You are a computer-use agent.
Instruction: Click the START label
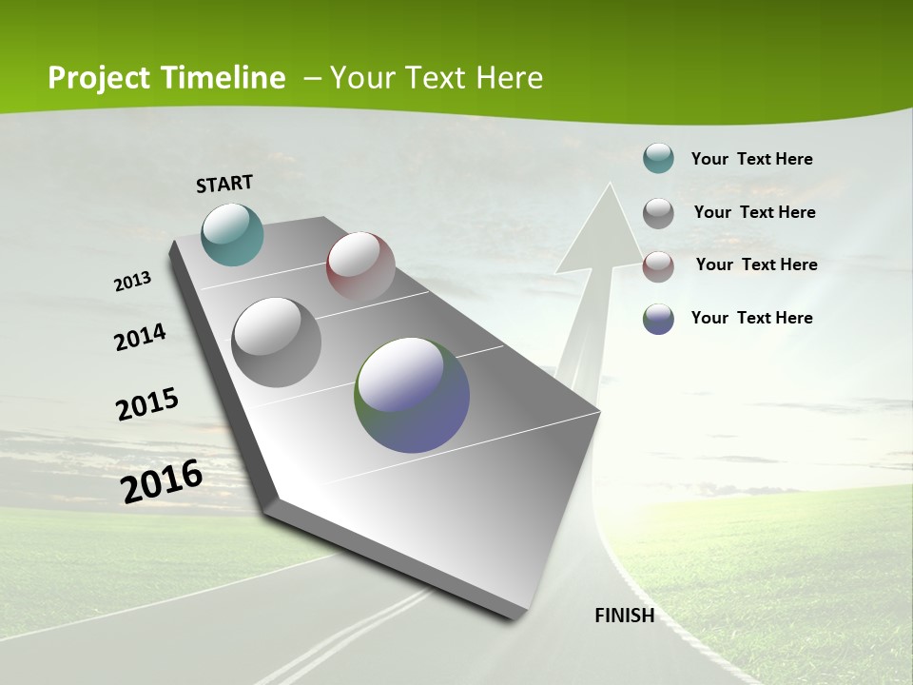224,183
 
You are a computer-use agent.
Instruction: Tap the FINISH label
625,616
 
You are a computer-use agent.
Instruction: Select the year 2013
133,282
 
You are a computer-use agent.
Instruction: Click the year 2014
141,337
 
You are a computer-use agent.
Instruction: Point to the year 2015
147,403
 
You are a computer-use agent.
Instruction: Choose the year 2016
162,481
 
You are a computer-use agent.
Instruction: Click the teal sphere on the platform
233,234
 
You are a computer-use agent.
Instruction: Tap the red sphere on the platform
360,266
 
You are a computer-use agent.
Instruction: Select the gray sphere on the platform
277,342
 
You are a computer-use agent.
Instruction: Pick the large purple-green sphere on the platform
412,395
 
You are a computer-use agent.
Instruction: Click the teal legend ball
658,158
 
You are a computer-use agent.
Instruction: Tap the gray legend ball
658,213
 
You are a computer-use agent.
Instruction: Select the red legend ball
658,266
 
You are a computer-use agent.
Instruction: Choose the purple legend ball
658,319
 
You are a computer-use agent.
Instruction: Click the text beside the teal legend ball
751,159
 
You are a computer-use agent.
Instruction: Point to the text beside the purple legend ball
751,318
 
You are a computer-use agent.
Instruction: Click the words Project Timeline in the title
166,78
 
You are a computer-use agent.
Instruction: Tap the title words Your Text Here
437,78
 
